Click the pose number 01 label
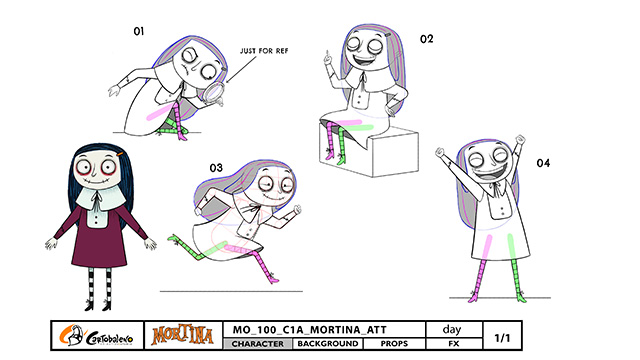coord(139,31)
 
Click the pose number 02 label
coord(427,39)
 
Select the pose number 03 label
coord(216,168)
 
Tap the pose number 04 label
coord(543,163)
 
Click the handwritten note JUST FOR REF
coord(264,51)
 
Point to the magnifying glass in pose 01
coord(215,93)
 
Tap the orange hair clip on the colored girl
coord(120,154)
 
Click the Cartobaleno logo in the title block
coord(97,336)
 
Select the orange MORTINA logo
coord(182,336)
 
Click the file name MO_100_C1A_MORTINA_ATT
coord(309,330)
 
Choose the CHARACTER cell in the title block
coord(258,344)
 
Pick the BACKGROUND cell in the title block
coord(328,344)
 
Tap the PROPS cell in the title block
coord(394,344)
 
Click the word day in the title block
coord(452,329)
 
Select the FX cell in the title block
coord(454,344)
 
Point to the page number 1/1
coord(502,338)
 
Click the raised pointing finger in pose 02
coord(327,54)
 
